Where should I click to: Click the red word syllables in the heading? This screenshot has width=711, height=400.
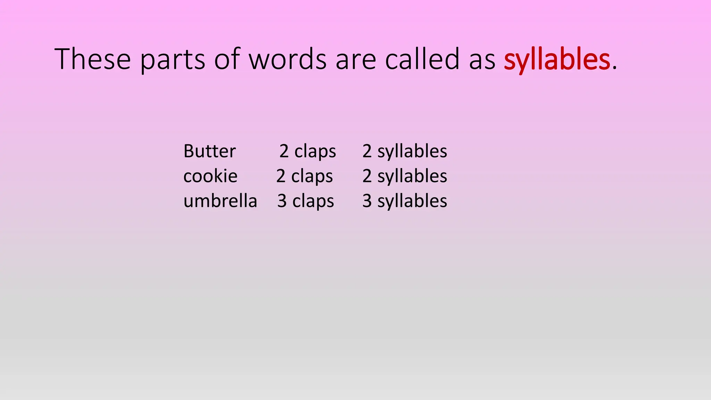(557, 60)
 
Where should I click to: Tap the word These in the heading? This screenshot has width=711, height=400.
(93, 59)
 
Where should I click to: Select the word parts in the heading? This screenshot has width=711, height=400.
(173, 60)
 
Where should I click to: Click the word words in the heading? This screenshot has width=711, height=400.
(288, 59)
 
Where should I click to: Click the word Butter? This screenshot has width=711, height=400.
(209, 151)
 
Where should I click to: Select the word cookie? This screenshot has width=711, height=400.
(210, 176)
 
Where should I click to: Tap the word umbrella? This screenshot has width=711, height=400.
(220, 201)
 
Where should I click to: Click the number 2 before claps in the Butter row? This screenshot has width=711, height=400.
(284, 151)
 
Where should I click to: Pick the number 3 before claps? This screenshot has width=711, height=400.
(282, 201)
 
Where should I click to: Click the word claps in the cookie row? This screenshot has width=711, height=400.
(312, 176)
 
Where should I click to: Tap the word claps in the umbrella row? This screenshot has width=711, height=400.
(313, 201)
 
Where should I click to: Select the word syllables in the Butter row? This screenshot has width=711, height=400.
(412, 151)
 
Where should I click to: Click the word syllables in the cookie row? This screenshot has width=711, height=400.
(412, 176)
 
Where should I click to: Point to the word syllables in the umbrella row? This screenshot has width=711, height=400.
(412, 201)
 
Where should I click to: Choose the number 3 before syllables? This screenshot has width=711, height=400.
(367, 201)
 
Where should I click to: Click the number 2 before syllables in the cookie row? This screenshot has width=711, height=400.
(367, 176)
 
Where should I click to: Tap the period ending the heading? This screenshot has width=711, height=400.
(614, 68)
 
